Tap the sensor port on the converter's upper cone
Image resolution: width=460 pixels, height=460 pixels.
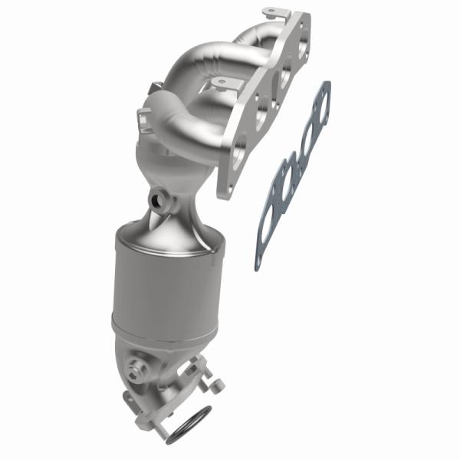point(161,202)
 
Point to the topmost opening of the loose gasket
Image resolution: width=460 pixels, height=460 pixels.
point(323,107)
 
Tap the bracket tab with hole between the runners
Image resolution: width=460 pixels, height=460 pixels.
point(224,82)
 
